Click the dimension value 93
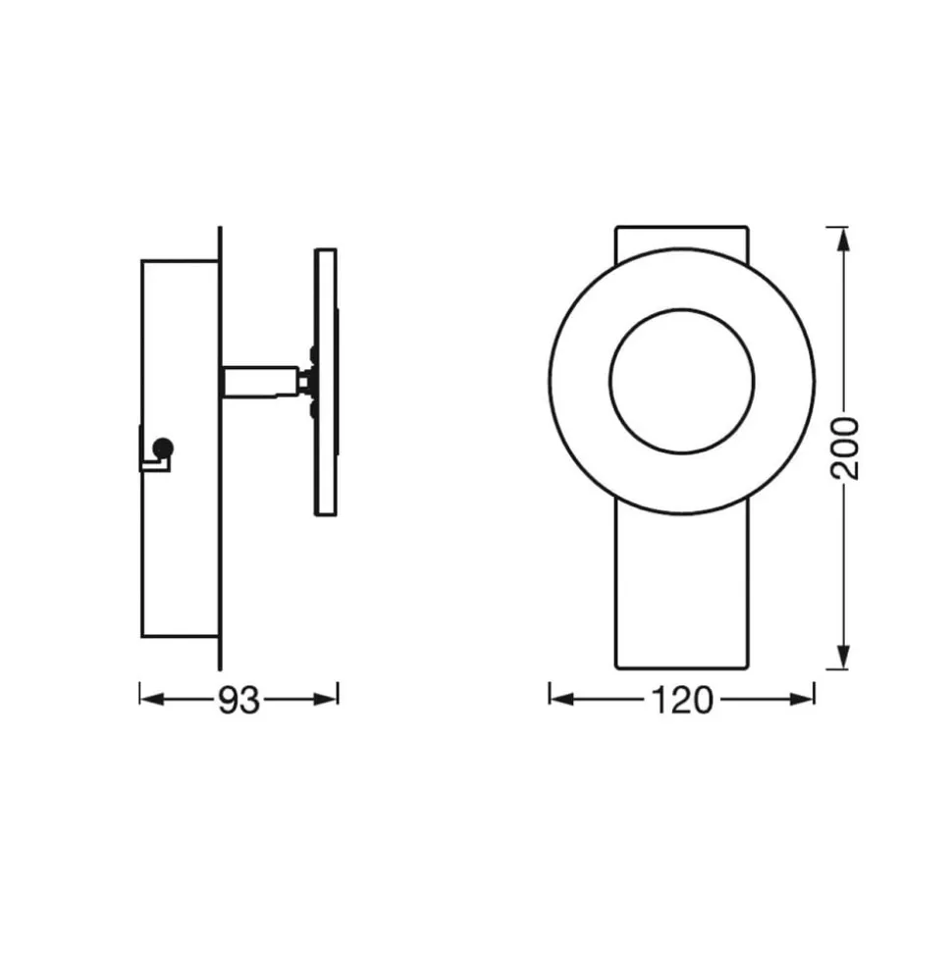point(238,700)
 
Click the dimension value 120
point(681,700)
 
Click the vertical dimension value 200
point(845,449)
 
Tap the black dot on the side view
point(164,448)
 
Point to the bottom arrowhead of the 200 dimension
point(843,657)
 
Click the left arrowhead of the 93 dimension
point(152,700)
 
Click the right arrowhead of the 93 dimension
point(325,700)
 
